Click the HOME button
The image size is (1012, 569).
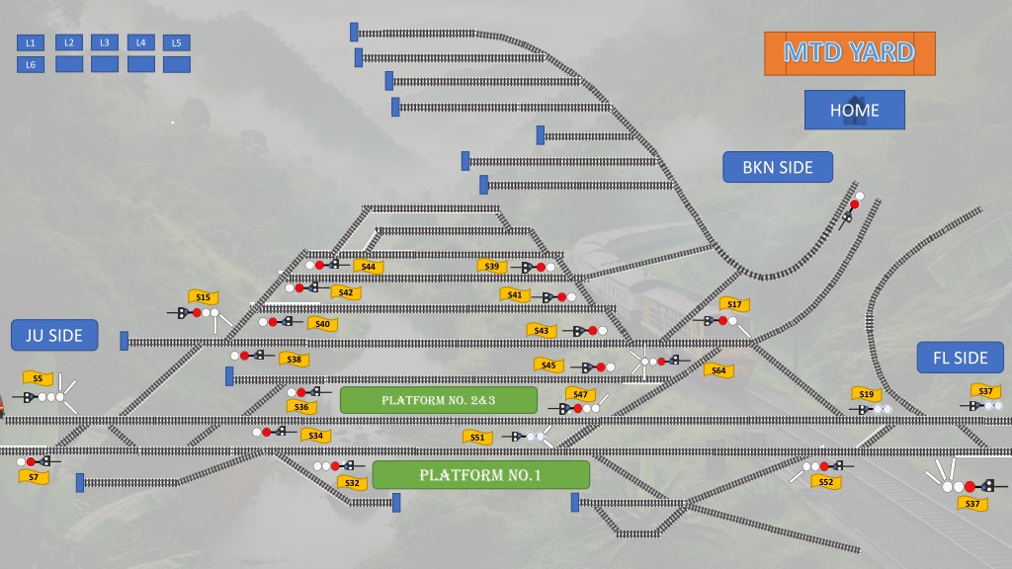tap(855, 110)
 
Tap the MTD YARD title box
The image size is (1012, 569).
tap(849, 53)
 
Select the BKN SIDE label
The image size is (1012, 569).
tap(778, 167)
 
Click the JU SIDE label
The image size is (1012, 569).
tap(54, 335)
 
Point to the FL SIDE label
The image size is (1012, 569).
tap(961, 358)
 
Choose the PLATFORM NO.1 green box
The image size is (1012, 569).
tap(481, 475)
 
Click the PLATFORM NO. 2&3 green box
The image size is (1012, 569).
tap(438, 400)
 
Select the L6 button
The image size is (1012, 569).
tap(31, 64)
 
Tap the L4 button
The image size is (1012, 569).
tap(140, 42)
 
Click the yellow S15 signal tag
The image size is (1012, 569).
tap(203, 296)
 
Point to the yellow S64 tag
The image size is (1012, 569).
tap(718, 370)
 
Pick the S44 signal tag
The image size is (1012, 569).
tap(368, 267)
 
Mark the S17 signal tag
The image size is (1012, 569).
tap(734, 304)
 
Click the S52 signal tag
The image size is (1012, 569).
tap(825, 482)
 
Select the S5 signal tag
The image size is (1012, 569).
tap(38, 378)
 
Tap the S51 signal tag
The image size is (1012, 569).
tap(477, 437)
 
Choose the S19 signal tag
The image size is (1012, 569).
tap(866, 393)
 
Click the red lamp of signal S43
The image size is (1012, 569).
tap(593, 331)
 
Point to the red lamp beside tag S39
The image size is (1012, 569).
tap(541, 267)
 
